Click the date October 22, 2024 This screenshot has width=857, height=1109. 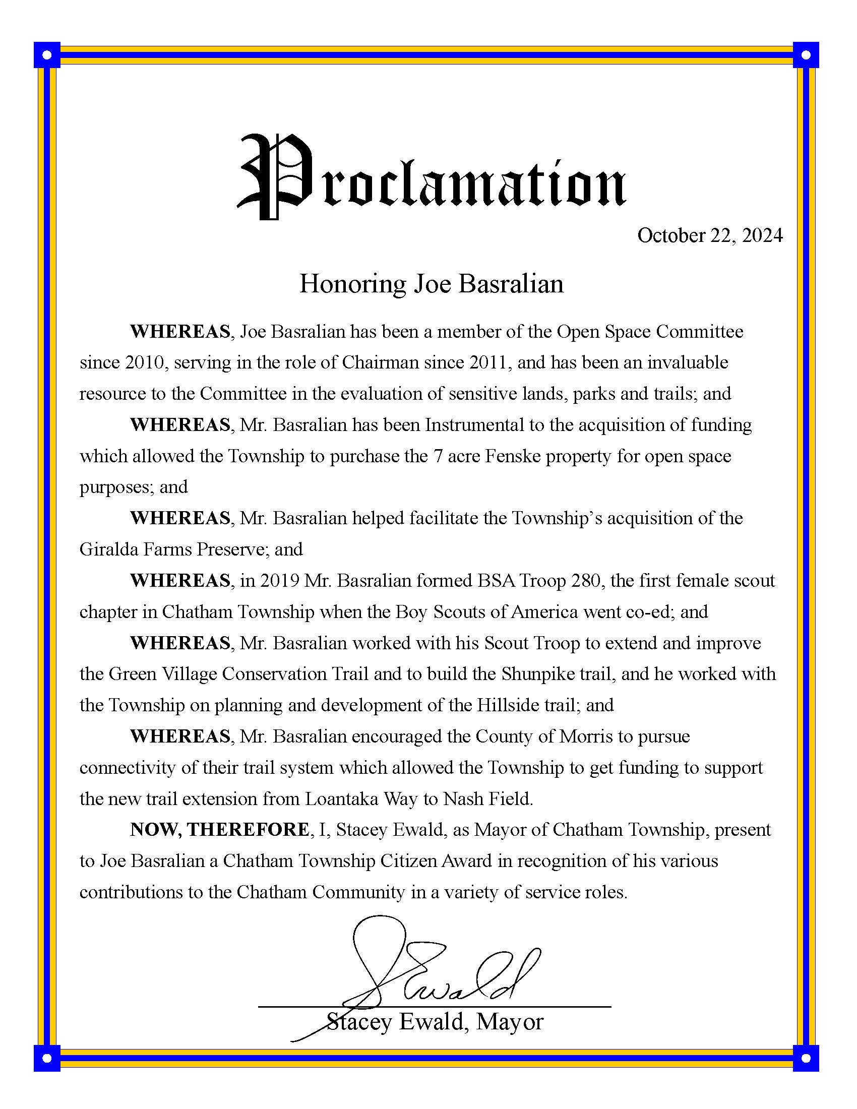pos(709,235)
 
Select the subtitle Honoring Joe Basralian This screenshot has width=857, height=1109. pos(432,284)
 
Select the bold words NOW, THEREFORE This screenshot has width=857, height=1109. pos(219,830)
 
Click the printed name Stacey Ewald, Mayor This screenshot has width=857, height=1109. pos(435,1022)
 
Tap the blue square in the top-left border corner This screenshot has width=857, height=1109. pos(47,55)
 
